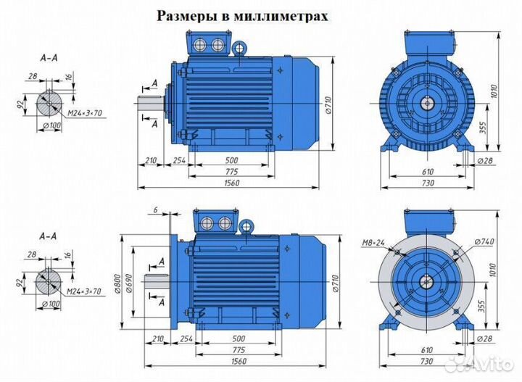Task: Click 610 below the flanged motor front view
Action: (428, 350)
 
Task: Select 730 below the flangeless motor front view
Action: (428, 183)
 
